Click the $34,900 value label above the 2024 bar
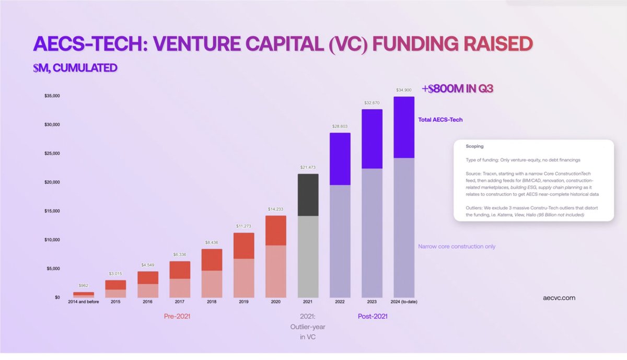(x=404, y=90)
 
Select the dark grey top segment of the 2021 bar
(x=308, y=194)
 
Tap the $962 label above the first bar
(x=84, y=286)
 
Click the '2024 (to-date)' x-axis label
(x=404, y=302)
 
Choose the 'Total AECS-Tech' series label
(x=440, y=120)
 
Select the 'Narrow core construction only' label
(x=457, y=246)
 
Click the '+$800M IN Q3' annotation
(x=457, y=89)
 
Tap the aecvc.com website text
(x=559, y=297)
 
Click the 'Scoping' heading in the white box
(x=474, y=146)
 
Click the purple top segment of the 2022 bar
(x=340, y=159)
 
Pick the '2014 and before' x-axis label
(x=84, y=302)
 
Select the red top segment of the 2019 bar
(x=243, y=246)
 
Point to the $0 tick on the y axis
(x=57, y=297)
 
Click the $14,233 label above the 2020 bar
(x=276, y=209)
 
